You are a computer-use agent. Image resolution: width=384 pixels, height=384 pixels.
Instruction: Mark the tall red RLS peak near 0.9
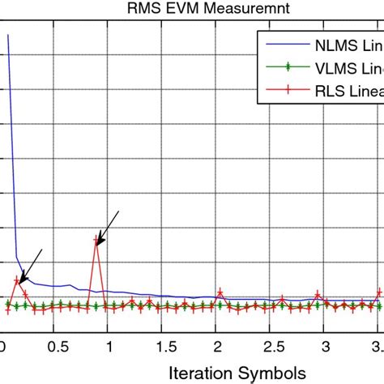pos(97,241)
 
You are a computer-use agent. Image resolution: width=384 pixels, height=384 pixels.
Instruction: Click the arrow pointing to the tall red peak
pos(108,225)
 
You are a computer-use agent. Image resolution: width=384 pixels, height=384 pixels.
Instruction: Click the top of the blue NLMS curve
pos(8,36)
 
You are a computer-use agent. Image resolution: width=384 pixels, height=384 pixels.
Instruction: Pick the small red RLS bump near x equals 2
pos(220,292)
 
